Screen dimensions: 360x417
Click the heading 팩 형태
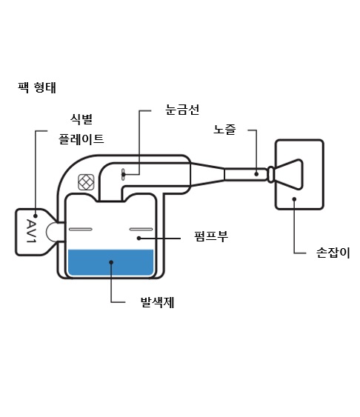37,87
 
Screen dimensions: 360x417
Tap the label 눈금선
182,110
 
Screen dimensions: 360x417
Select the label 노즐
224,130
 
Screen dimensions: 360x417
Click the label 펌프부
211,236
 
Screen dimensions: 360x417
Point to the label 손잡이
333,253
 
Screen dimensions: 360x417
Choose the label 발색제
157,302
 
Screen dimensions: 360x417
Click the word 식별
81,119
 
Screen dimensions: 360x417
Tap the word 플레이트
81,139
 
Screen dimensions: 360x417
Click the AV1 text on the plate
31,231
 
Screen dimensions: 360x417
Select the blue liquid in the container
111,262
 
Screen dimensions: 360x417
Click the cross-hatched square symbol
86,182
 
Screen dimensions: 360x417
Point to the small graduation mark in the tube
123,175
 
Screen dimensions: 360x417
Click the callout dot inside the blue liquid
111,262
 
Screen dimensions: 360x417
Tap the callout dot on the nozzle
256,174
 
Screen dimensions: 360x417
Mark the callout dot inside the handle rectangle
294,199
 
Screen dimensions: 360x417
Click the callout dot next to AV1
36,216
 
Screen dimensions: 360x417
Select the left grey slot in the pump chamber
81,230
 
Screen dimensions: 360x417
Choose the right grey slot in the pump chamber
141,230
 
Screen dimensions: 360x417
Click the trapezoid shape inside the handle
289,175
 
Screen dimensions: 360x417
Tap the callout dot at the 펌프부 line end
139,238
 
